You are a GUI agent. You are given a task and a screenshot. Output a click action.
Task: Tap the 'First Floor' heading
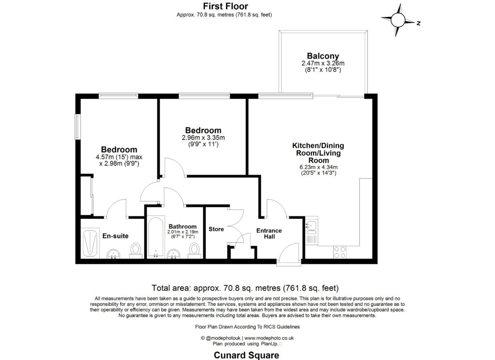click(225, 6)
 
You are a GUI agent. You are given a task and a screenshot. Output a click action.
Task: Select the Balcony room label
click(323, 56)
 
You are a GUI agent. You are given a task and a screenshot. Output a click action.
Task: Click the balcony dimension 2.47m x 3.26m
click(323, 63)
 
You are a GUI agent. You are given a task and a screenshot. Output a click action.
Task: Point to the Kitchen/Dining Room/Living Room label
click(318, 153)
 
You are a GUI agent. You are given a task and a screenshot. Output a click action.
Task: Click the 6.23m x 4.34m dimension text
click(318, 168)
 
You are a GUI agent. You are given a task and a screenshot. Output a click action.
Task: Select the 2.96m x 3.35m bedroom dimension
click(204, 138)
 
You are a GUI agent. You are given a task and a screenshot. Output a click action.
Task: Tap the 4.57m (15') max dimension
click(119, 157)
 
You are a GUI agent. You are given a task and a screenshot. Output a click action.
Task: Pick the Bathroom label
click(182, 227)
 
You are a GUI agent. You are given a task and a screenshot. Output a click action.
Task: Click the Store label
click(216, 229)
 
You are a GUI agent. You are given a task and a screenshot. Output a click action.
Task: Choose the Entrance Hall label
click(269, 234)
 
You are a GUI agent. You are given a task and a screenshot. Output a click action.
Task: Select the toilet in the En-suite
click(136, 250)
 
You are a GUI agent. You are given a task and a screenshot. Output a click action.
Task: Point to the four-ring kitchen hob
click(339, 252)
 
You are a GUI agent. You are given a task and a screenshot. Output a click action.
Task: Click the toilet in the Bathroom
click(194, 250)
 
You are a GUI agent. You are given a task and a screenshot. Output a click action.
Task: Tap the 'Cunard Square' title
click(247, 355)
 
